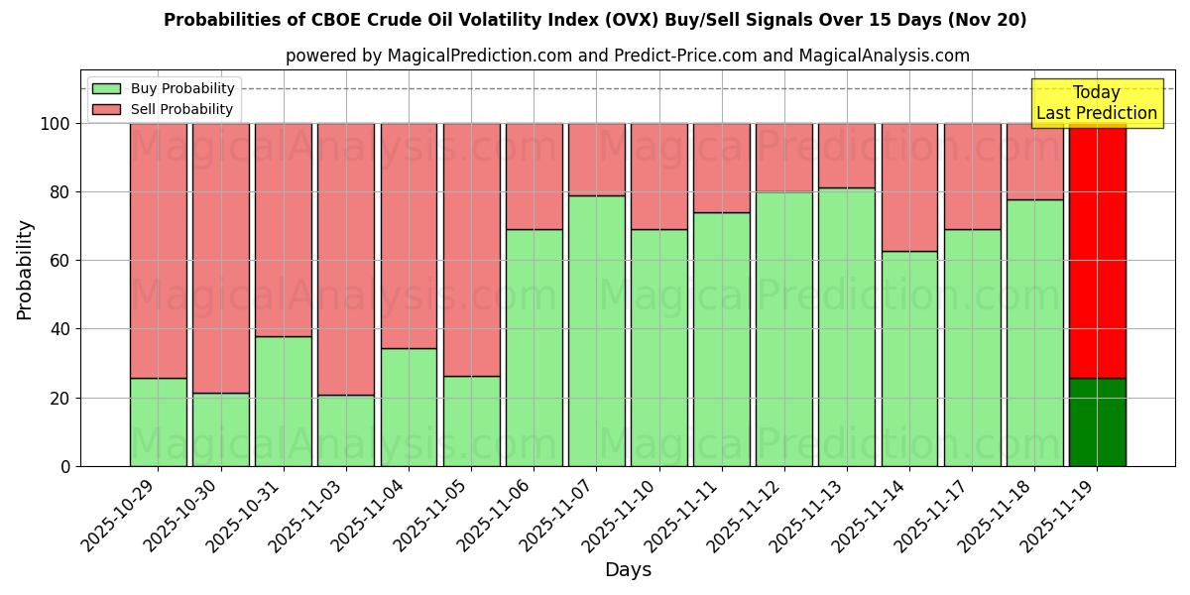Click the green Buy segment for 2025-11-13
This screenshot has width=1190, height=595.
pyautogui.click(x=847, y=326)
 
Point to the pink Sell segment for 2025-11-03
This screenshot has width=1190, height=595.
pyautogui.click(x=346, y=259)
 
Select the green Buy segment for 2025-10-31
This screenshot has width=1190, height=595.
pyautogui.click(x=284, y=401)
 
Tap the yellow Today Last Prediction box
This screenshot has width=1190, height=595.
pyautogui.click(x=1096, y=103)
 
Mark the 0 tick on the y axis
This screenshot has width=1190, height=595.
pyautogui.click(x=65, y=466)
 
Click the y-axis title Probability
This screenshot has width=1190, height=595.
pyautogui.click(x=25, y=269)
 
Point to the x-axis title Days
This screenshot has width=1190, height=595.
pyautogui.click(x=628, y=570)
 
